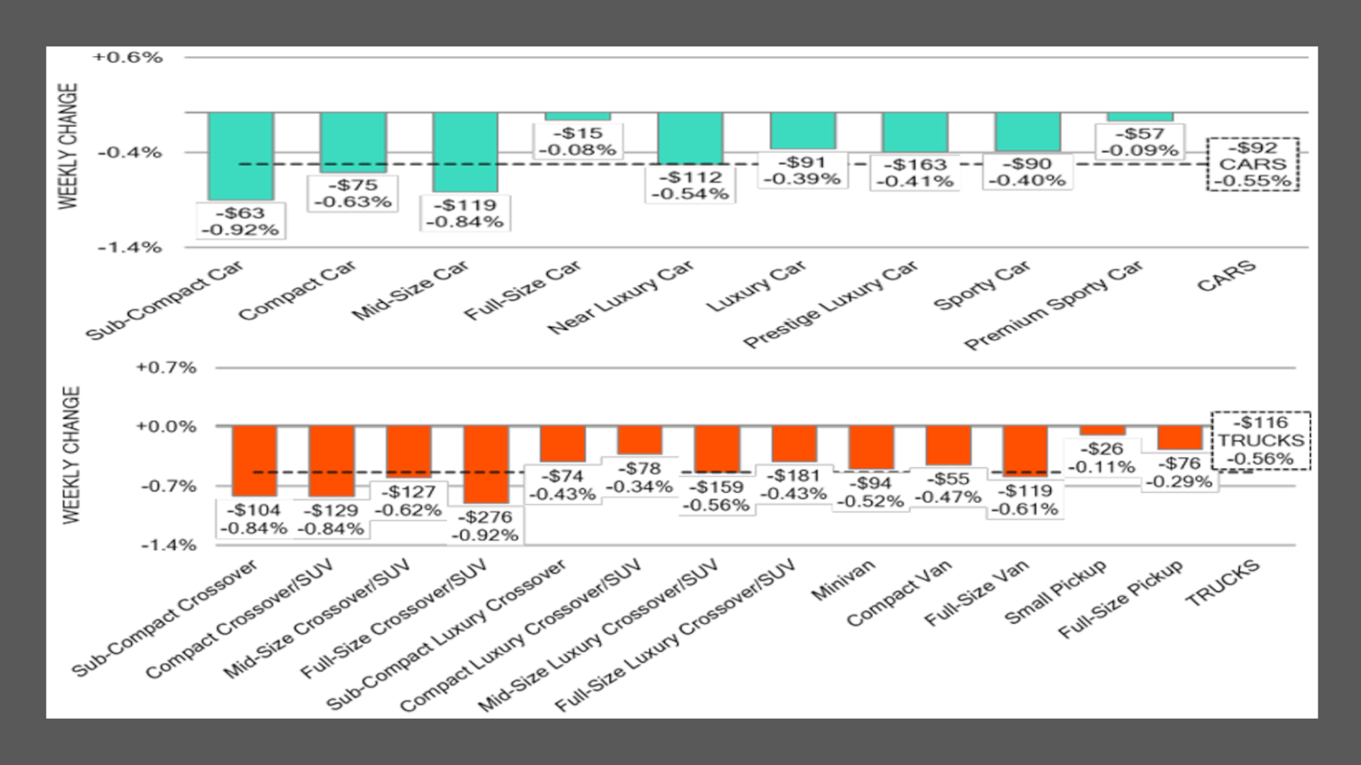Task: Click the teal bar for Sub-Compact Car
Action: (x=241, y=155)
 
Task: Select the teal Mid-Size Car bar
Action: (x=465, y=151)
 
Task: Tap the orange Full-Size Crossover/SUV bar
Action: (x=486, y=465)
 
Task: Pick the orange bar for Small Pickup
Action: (x=1102, y=431)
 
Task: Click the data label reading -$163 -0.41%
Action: (x=915, y=173)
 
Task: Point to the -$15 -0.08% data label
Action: (x=577, y=141)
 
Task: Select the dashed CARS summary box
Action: (x=1252, y=164)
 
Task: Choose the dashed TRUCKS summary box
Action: (x=1260, y=440)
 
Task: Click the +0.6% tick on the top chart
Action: (x=127, y=57)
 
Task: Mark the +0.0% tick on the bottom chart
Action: (x=166, y=427)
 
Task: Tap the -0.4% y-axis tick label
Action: (x=130, y=152)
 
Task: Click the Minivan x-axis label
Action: (x=842, y=581)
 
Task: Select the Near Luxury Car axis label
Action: (x=620, y=298)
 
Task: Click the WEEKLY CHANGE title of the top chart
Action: (x=69, y=146)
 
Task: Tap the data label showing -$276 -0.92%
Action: (x=485, y=526)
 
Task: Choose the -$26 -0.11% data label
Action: (x=1102, y=457)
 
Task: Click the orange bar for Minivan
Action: (x=871, y=448)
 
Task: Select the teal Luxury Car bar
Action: (x=803, y=130)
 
